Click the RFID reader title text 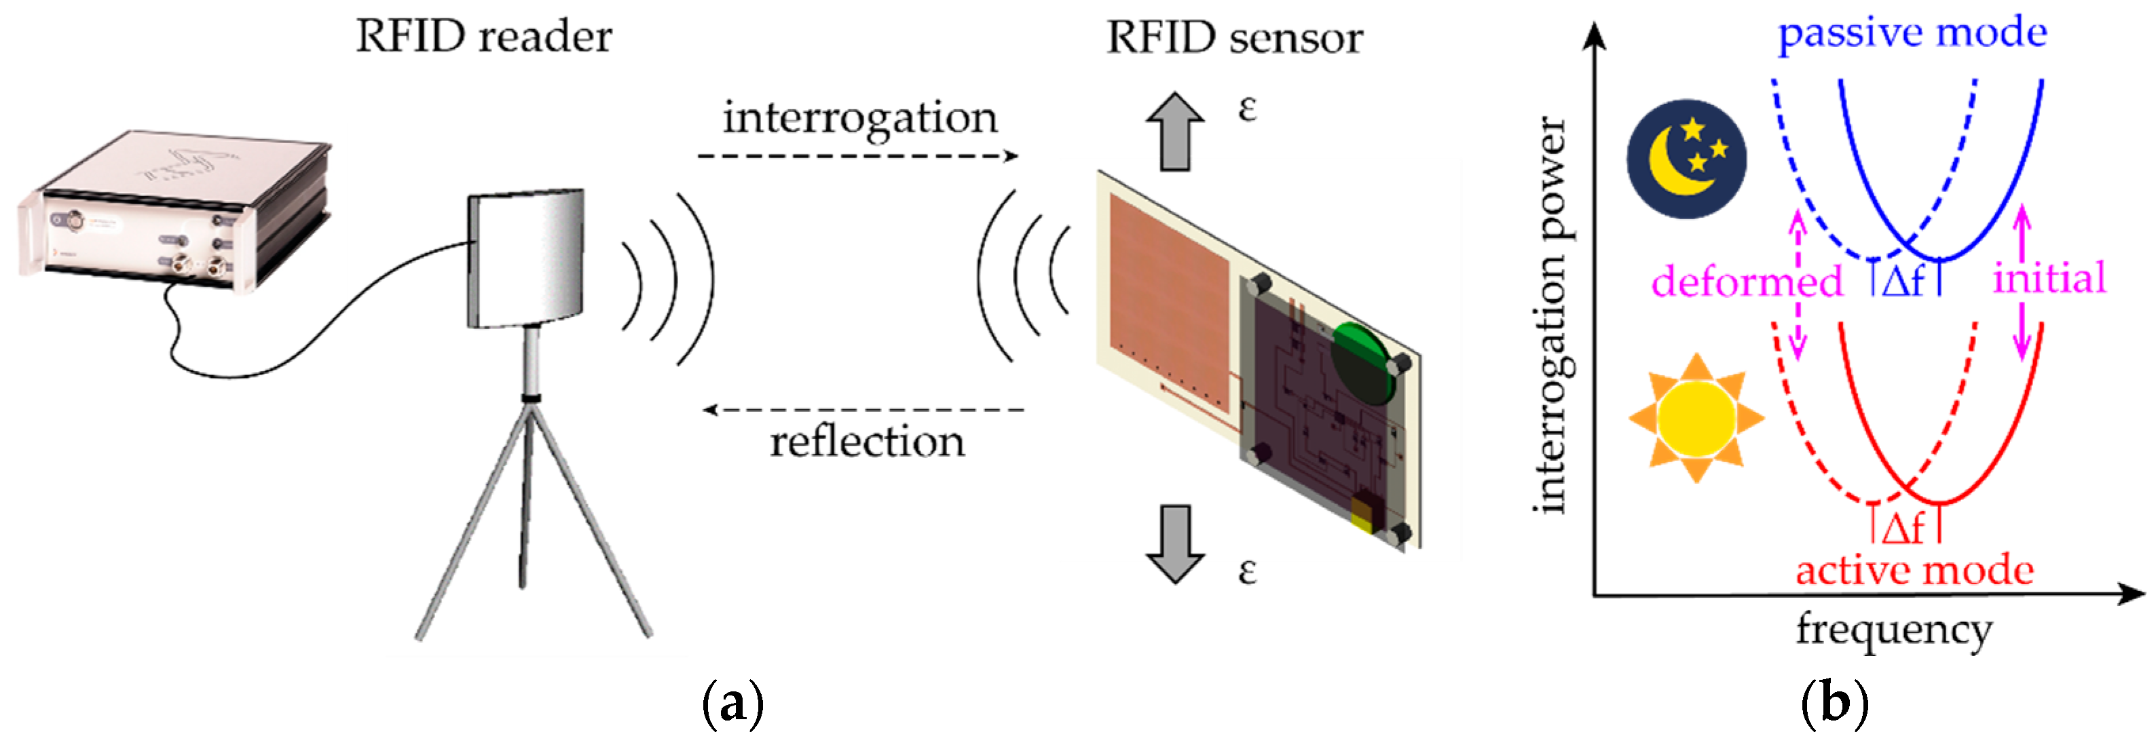tap(484, 37)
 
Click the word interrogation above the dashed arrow tap(860, 118)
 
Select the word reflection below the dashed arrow tap(867, 442)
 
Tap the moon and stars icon tap(1686, 159)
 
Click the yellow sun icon tap(1696, 417)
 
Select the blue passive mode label tap(1912, 33)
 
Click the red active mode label tap(1914, 571)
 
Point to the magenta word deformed tap(1747, 281)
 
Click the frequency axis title tap(1893, 630)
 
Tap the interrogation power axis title tap(1551, 313)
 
